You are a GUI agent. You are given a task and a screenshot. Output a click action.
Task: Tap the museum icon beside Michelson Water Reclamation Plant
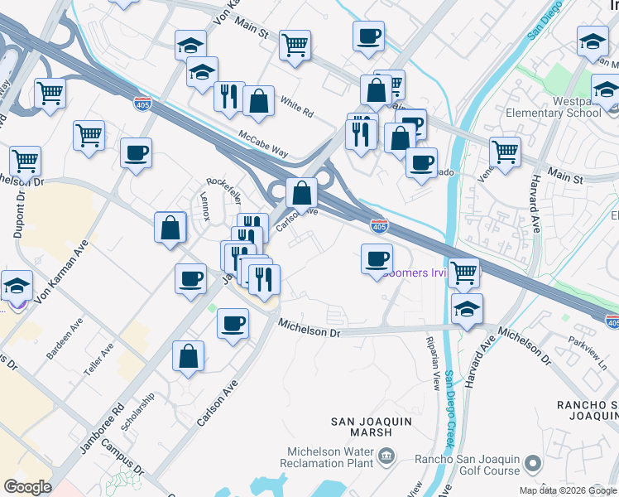(x=386, y=456)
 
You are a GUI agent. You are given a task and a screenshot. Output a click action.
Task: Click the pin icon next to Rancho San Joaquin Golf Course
(x=533, y=464)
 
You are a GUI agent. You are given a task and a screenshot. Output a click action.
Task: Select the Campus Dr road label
(x=122, y=459)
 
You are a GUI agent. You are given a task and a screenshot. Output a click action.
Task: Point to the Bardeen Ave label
(x=64, y=340)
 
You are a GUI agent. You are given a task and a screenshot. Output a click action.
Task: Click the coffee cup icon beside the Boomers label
(x=377, y=259)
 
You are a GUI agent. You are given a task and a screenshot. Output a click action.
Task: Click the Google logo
(x=28, y=487)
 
